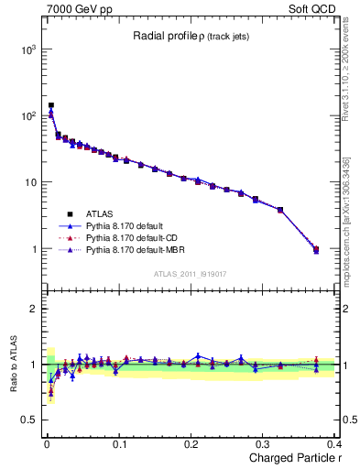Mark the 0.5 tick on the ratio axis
[30, 420]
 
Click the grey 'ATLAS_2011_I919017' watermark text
[191, 273]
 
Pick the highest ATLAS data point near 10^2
[51, 105]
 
